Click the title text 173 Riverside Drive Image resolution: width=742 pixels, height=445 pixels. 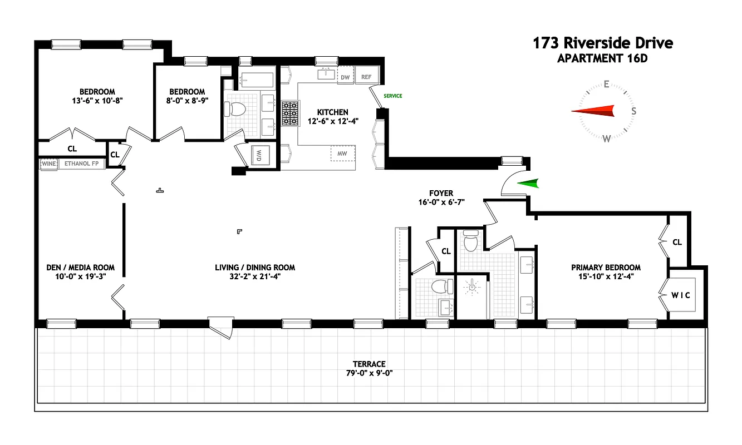[x=603, y=43]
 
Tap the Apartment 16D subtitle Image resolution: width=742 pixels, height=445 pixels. [x=602, y=58]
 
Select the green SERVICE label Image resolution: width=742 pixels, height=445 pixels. [x=393, y=96]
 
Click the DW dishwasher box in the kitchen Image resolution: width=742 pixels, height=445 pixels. [x=345, y=77]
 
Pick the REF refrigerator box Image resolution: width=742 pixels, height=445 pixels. [x=366, y=77]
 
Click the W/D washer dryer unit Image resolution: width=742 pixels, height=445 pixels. [x=260, y=155]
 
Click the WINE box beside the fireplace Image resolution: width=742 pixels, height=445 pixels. [x=48, y=164]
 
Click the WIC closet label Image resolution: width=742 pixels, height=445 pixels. [x=680, y=295]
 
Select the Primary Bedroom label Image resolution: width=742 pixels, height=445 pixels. [x=606, y=268]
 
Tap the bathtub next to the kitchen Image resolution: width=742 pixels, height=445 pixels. [x=257, y=80]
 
